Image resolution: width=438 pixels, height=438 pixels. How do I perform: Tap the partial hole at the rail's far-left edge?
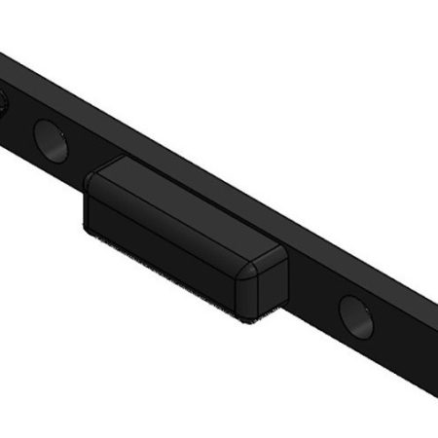click(x=3, y=100)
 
